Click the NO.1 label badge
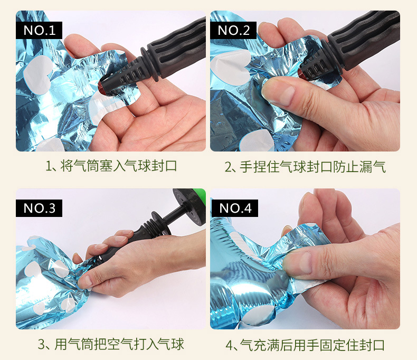pos(39,30)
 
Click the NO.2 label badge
pos(233,30)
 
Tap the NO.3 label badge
pos(39,208)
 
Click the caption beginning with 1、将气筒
pos(111,167)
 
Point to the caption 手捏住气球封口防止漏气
pos(305,167)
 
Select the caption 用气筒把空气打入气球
pos(111,345)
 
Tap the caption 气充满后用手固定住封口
pos(305,345)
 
